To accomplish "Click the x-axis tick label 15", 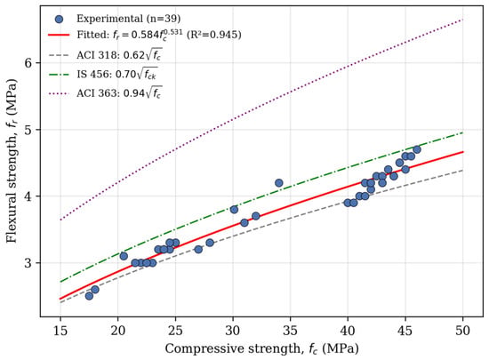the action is [60, 331].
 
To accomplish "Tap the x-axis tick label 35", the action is [290, 331].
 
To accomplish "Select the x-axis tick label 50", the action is [462, 331].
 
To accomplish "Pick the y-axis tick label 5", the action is [29, 130].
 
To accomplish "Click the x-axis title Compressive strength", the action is [232, 348].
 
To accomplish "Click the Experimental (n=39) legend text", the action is [129, 19].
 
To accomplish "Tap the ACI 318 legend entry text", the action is [119, 55].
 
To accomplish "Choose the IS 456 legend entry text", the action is [117, 74].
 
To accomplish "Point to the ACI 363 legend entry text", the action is [119, 92].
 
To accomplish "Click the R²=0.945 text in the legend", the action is [214, 35].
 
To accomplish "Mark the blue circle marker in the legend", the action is [59, 19].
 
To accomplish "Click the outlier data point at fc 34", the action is [279, 183].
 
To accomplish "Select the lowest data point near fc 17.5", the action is [89, 296].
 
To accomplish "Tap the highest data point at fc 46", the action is [417, 149].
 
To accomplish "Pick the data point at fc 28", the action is [210, 243].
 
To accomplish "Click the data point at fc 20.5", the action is [124, 256].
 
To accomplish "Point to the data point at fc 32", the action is [256, 216].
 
